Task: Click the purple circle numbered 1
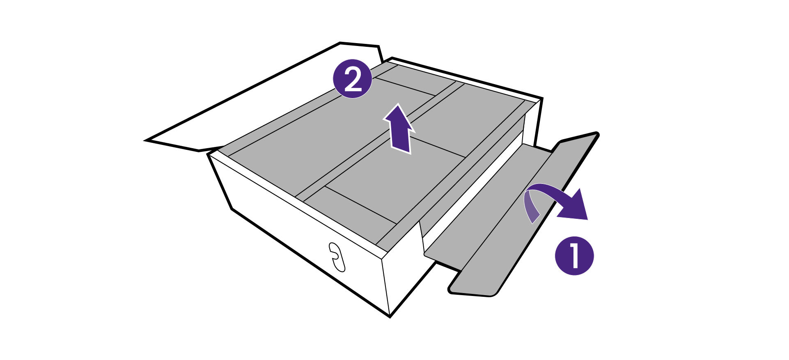pyautogui.click(x=574, y=255)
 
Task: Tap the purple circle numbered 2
pyautogui.click(x=352, y=79)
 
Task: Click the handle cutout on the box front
pyautogui.click(x=337, y=257)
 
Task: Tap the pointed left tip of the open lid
pyautogui.click(x=147, y=140)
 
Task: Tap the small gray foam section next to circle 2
pyautogui.click(x=411, y=80)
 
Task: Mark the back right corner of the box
pyautogui.click(x=541, y=100)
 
